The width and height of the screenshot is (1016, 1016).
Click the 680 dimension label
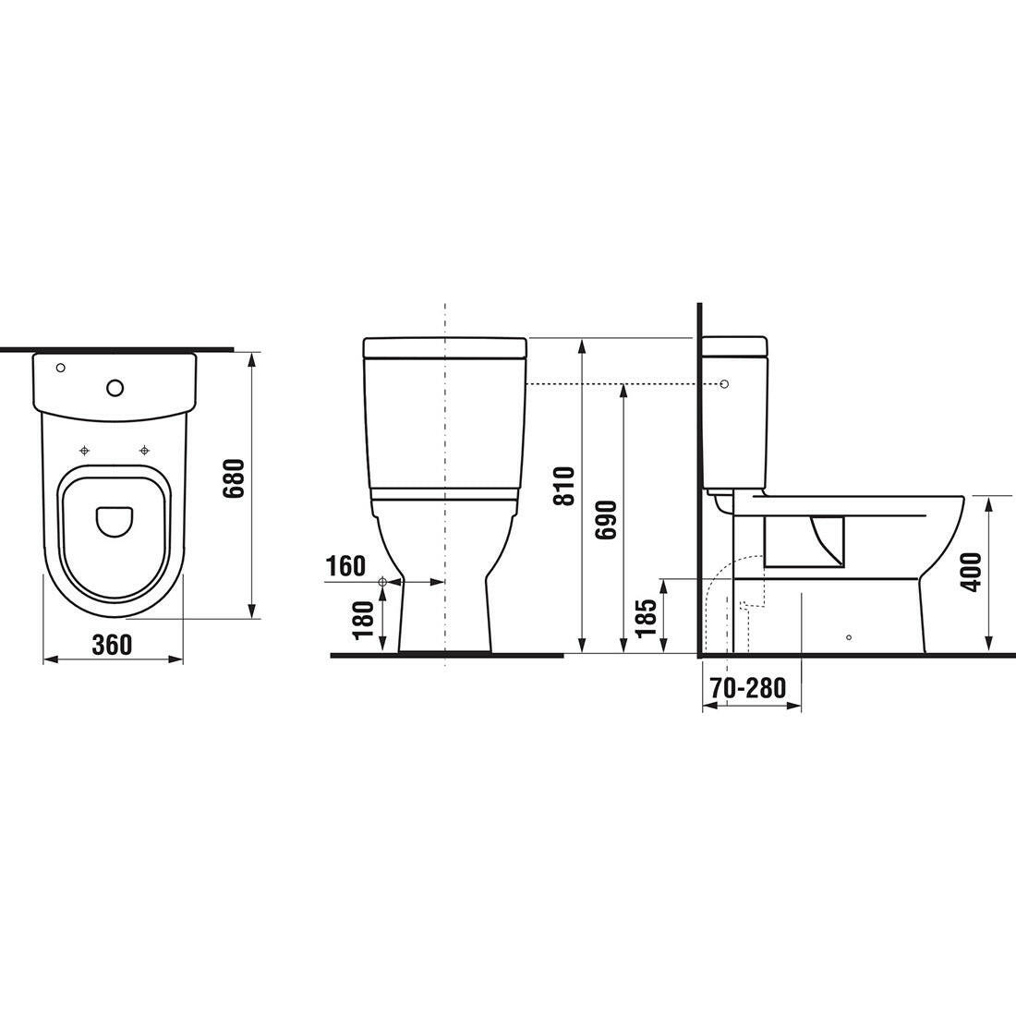[234, 478]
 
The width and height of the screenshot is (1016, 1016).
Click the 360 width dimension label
[112, 645]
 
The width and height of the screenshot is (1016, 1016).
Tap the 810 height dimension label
[564, 486]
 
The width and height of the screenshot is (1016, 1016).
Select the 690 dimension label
[606, 520]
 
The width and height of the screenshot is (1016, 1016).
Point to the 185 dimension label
[646, 618]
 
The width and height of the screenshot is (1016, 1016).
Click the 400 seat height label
[973, 572]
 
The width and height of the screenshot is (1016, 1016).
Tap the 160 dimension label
[345, 566]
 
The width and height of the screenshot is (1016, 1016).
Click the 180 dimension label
[365, 620]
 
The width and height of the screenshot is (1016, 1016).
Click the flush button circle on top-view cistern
[115, 388]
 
